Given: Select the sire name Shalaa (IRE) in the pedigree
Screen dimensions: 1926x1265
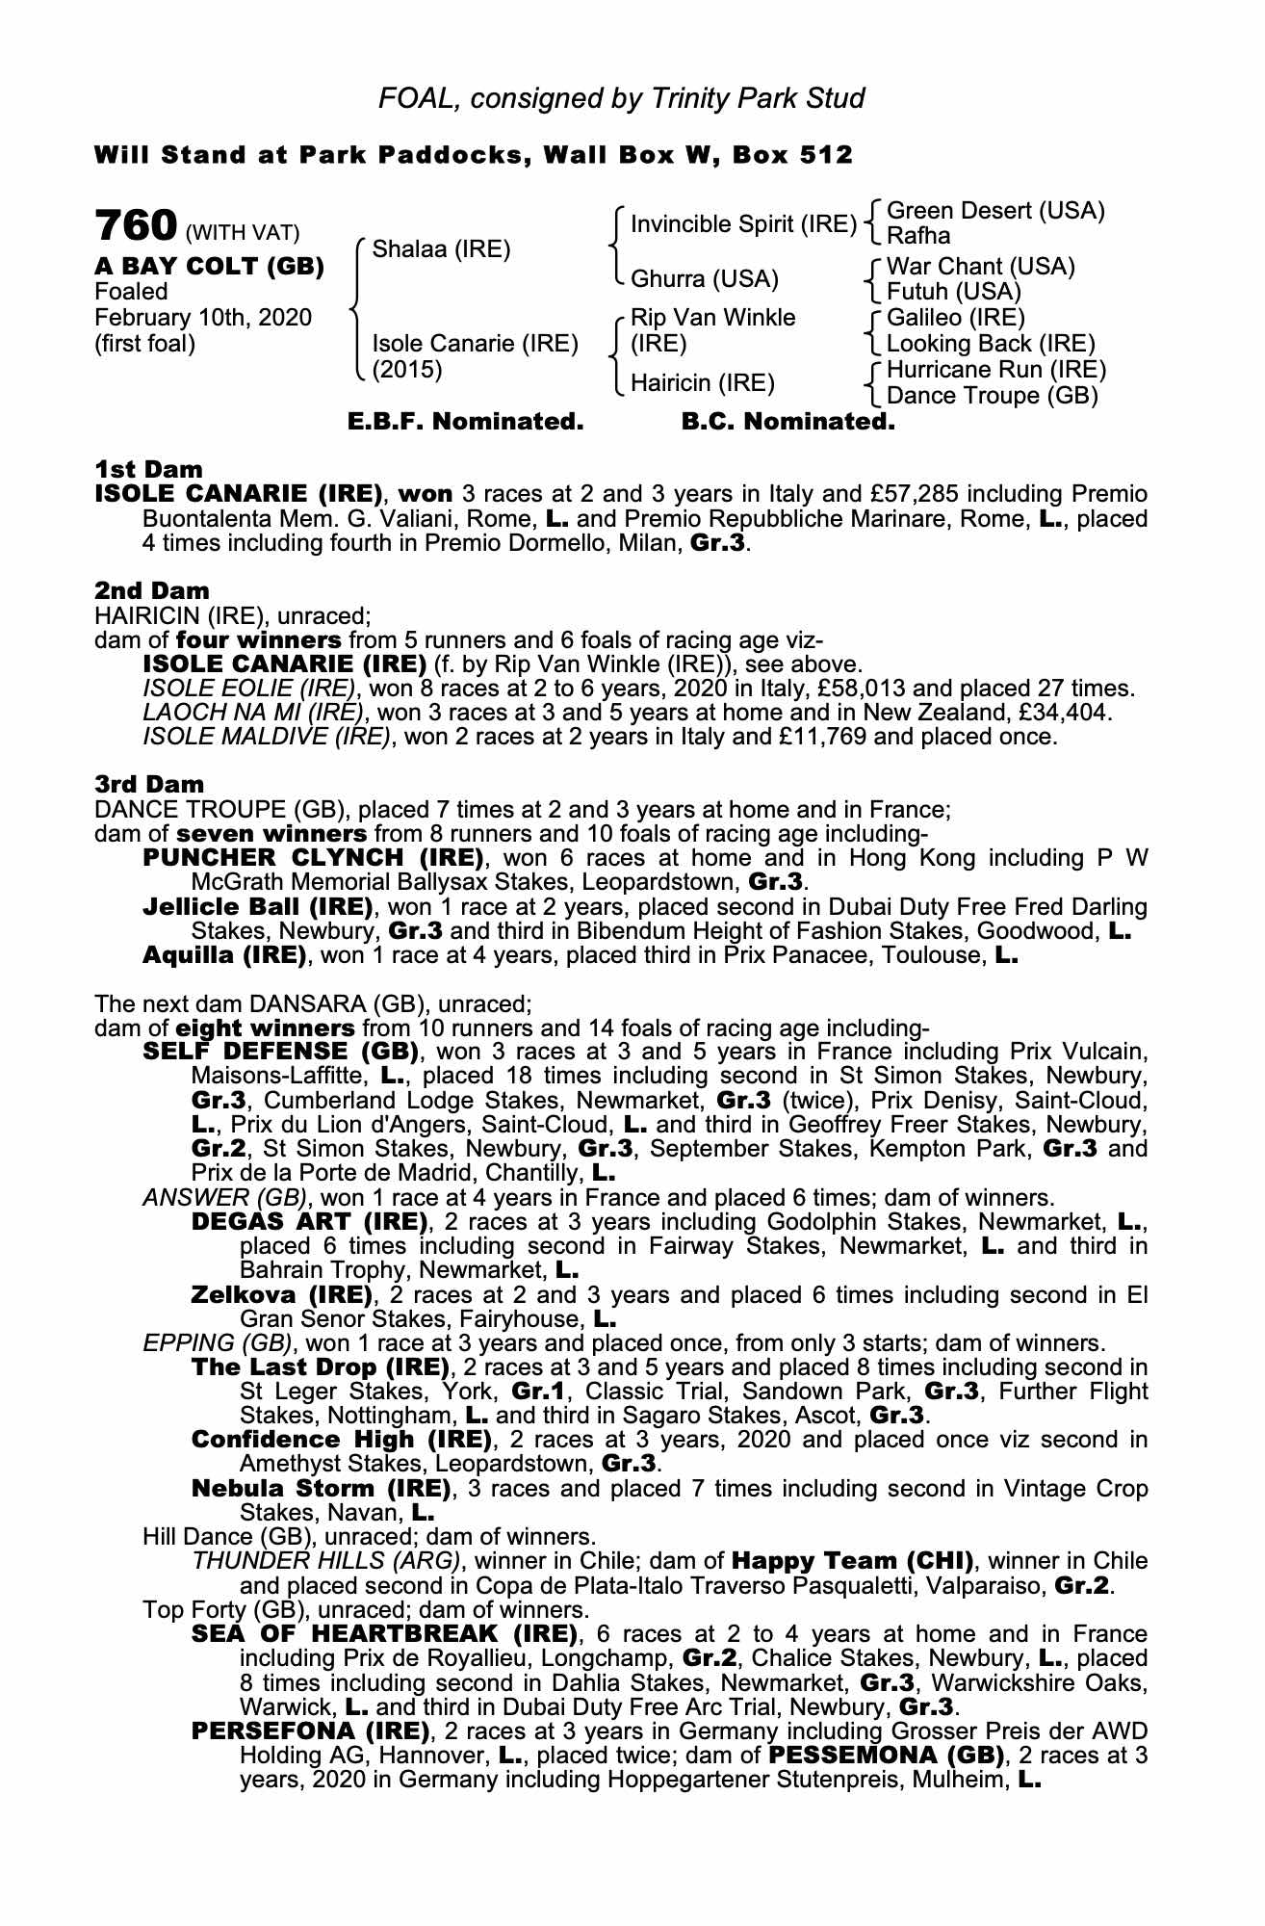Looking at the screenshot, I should [440, 249].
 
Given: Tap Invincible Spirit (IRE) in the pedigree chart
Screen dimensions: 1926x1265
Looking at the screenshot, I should [743, 224].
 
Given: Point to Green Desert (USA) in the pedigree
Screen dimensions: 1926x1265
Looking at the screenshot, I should [994, 211].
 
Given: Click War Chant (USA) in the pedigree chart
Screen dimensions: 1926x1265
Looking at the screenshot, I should [980, 267].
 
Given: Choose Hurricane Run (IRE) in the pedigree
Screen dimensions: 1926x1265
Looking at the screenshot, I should [995, 370].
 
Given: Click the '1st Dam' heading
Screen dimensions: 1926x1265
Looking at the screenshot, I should [149, 470].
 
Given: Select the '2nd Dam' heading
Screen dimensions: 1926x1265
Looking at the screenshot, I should [152, 590].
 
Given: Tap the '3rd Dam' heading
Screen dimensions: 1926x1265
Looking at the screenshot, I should [150, 785].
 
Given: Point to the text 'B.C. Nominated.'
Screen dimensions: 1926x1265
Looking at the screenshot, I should [787, 422].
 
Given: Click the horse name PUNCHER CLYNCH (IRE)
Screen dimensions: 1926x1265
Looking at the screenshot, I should [313, 858].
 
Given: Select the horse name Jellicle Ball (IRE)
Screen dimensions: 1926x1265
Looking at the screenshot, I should [257, 907].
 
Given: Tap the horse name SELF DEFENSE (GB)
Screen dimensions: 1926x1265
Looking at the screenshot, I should [280, 1052].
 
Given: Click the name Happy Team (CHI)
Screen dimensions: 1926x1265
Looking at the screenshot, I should [853, 1561].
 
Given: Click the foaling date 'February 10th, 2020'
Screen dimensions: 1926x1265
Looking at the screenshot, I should [203, 318].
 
